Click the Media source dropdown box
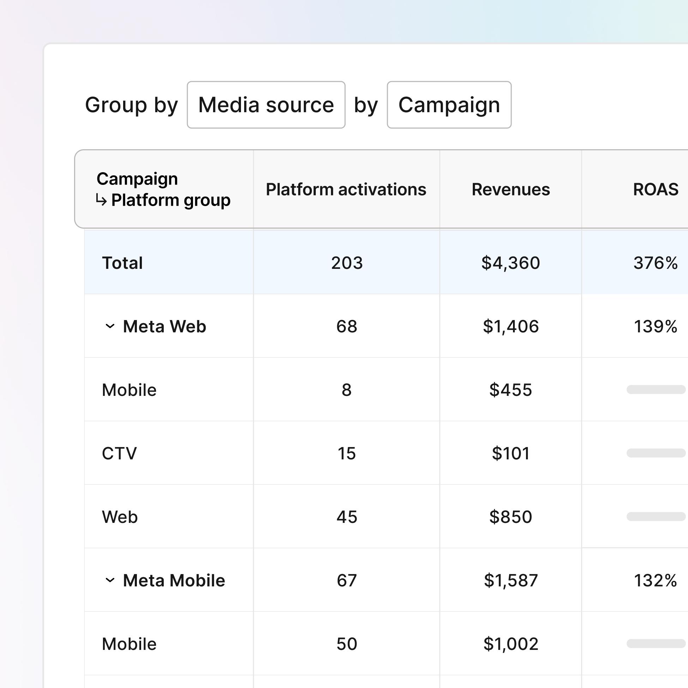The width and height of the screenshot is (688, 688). point(266,105)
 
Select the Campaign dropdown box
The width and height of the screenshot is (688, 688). point(449,105)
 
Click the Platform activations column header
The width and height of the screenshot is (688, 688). point(346,189)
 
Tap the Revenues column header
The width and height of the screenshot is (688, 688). point(510,189)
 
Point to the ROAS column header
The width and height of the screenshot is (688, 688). point(655,189)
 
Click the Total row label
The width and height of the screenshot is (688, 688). point(122,263)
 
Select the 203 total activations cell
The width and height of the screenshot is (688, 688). point(346,263)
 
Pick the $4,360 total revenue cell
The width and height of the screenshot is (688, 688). point(510,263)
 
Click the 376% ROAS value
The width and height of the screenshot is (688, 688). point(655,263)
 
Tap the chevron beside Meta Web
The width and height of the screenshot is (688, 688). point(110,326)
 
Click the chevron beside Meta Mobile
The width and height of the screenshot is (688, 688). point(110,580)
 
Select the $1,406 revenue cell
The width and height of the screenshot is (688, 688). point(510,326)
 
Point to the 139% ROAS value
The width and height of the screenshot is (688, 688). point(655,326)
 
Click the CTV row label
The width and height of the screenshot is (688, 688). point(119,453)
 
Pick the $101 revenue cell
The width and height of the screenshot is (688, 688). point(510,453)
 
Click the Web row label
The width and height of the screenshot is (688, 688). point(120,517)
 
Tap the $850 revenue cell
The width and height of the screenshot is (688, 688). point(510,517)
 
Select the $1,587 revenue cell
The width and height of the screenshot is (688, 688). point(510,580)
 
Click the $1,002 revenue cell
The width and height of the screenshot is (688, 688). point(510,644)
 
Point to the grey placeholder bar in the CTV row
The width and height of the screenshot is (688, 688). point(656,453)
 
